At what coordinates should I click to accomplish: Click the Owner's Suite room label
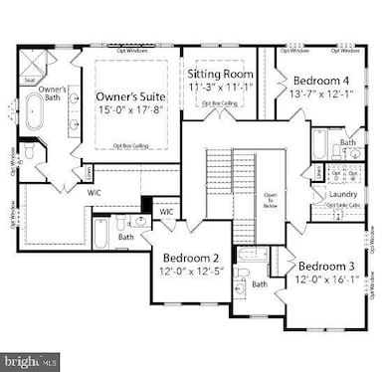coord(136,96)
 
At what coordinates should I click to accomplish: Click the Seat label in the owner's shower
coord(31,82)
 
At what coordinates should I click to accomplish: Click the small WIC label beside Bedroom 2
coord(166,212)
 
